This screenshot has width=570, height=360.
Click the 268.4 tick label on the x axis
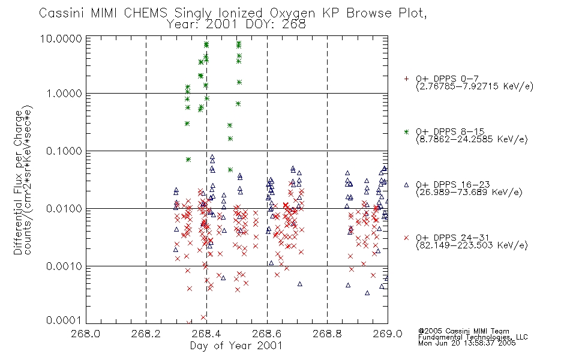click(x=206, y=334)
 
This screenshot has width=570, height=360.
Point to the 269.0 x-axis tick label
click(x=388, y=334)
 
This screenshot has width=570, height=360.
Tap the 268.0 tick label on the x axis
click(x=85, y=334)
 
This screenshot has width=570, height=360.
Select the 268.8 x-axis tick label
click(x=327, y=334)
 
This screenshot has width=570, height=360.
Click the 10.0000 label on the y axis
click(x=61, y=38)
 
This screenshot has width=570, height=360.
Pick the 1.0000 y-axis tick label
click(x=64, y=94)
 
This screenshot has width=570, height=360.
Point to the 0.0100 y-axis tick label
click(x=64, y=209)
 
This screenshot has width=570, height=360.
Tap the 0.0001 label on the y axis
click(x=64, y=320)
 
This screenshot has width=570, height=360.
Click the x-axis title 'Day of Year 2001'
click(x=236, y=346)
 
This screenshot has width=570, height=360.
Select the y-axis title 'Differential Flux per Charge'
click(x=18, y=182)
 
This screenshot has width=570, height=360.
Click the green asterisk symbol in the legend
click(x=406, y=132)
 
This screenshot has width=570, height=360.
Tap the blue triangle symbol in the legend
click(x=406, y=185)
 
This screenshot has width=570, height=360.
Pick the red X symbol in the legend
click(x=406, y=238)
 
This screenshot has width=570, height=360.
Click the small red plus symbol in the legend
click(x=406, y=79)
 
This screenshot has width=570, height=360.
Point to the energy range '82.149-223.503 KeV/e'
click(x=472, y=245)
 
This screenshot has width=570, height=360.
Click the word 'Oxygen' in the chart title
click(x=292, y=13)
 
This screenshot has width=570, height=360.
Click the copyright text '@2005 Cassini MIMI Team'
click(x=464, y=331)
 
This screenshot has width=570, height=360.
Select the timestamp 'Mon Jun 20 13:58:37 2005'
click(x=467, y=343)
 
